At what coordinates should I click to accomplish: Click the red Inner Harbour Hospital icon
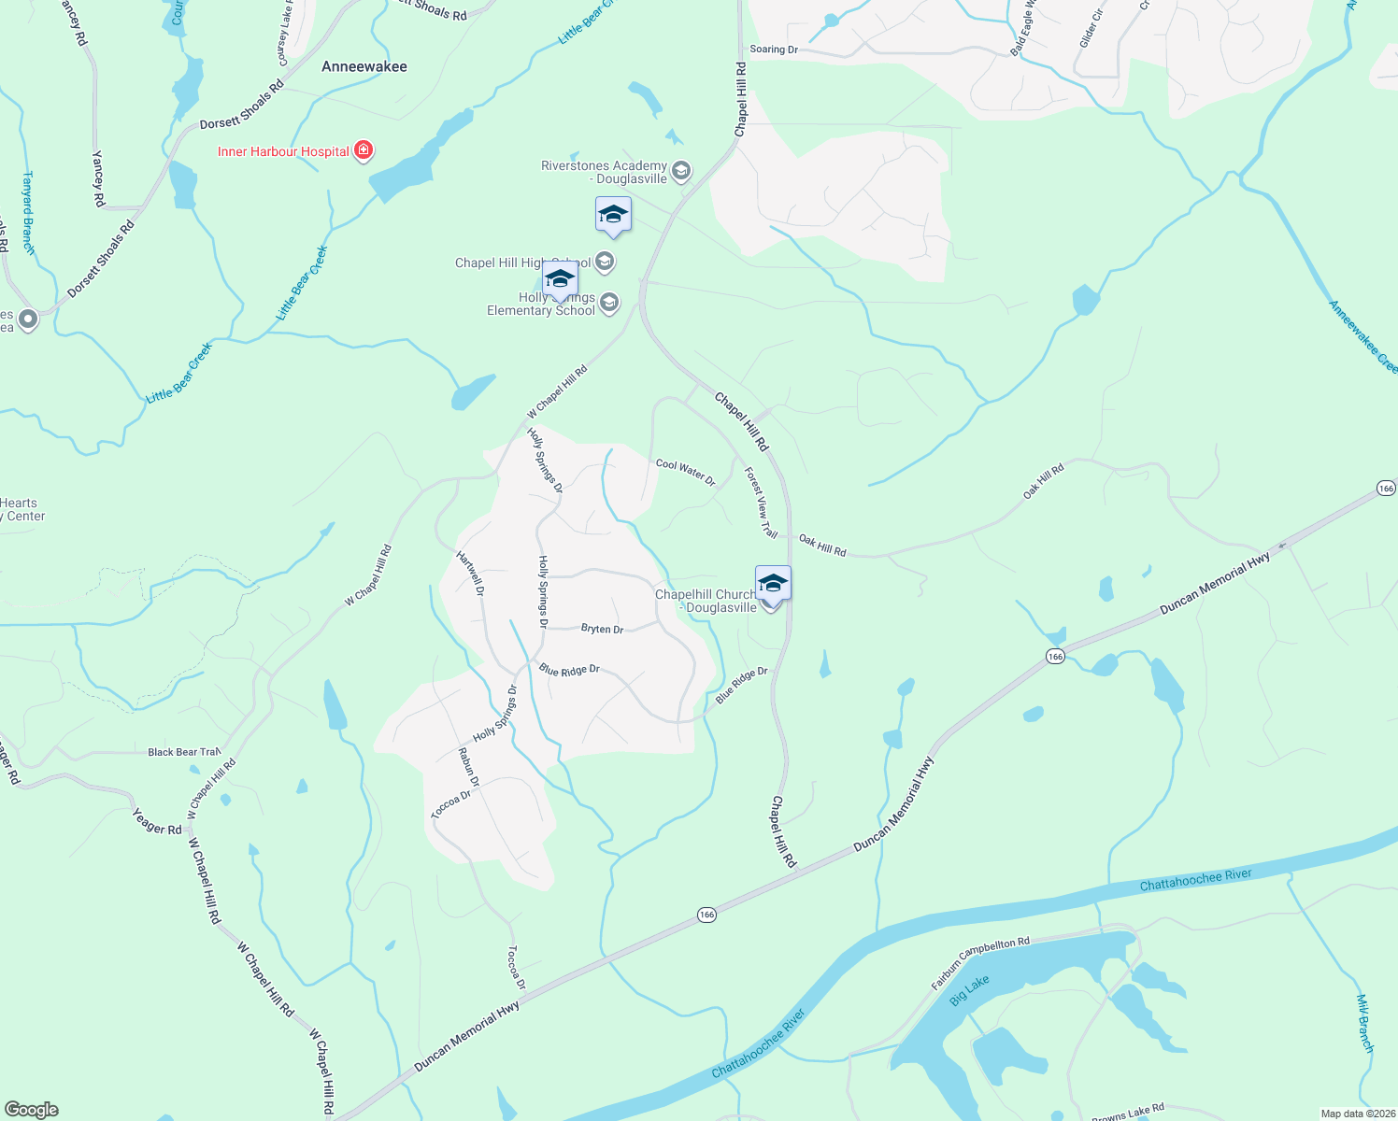(364, 150)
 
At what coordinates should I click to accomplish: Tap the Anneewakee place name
(364, 66)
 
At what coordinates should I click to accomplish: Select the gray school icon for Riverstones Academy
(681, 171)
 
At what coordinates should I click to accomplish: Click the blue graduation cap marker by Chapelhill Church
(773, 584)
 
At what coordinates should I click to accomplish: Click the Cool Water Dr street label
(685, 471)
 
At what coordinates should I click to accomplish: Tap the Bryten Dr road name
(602, 629)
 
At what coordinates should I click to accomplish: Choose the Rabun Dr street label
(469, 767)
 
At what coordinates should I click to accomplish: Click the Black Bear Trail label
(184, 752)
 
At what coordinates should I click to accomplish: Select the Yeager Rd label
(157, 823)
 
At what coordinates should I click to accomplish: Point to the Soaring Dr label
(774, 50)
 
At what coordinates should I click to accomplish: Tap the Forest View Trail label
(761, 503)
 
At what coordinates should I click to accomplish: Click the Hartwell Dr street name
(470, 574)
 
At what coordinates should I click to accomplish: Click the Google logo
(31, 1109)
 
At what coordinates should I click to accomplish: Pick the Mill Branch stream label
(1364, 1024)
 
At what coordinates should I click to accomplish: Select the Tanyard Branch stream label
(29, 213)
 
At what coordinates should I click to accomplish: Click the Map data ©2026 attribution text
(1357, 1114)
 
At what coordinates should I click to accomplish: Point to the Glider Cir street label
(1091, 29)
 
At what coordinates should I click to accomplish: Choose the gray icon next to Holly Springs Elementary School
(609, 303)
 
